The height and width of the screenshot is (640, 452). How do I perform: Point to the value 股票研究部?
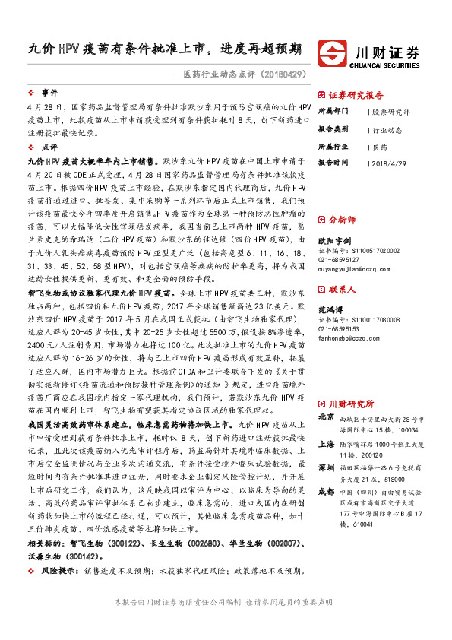tap(393, 112)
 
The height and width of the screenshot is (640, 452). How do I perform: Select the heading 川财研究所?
tap(352, 404)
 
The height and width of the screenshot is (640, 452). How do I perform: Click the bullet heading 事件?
tap(49, 91)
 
